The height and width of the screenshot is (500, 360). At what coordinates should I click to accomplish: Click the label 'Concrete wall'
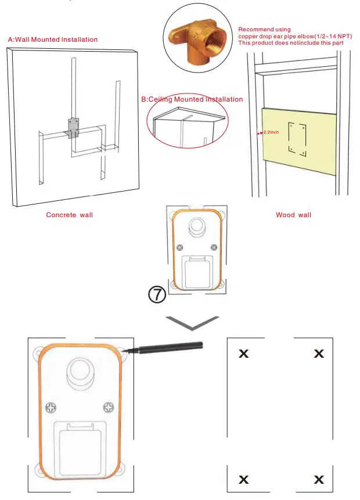click(70, 215)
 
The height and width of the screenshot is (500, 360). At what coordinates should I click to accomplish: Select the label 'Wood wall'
click(293, 215)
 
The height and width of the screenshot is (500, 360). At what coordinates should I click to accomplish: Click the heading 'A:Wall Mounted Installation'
click(53, 39)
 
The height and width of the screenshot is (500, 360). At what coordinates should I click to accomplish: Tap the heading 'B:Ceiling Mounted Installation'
click(192, 100)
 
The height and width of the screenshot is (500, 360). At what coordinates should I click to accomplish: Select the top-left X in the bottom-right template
click(244, 353)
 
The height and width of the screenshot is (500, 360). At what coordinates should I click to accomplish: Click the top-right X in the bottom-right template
click(319, 353)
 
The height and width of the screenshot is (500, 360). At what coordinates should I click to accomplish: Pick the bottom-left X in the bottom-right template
click(244, 480)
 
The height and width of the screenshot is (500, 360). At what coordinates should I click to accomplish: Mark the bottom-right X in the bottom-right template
click(319, 480)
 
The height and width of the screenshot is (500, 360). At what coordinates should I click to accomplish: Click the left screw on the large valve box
click(51, 407)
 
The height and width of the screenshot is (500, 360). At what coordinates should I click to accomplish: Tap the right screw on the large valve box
click(108, 406)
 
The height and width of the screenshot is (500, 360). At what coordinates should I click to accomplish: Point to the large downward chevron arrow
click(193, 322)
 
